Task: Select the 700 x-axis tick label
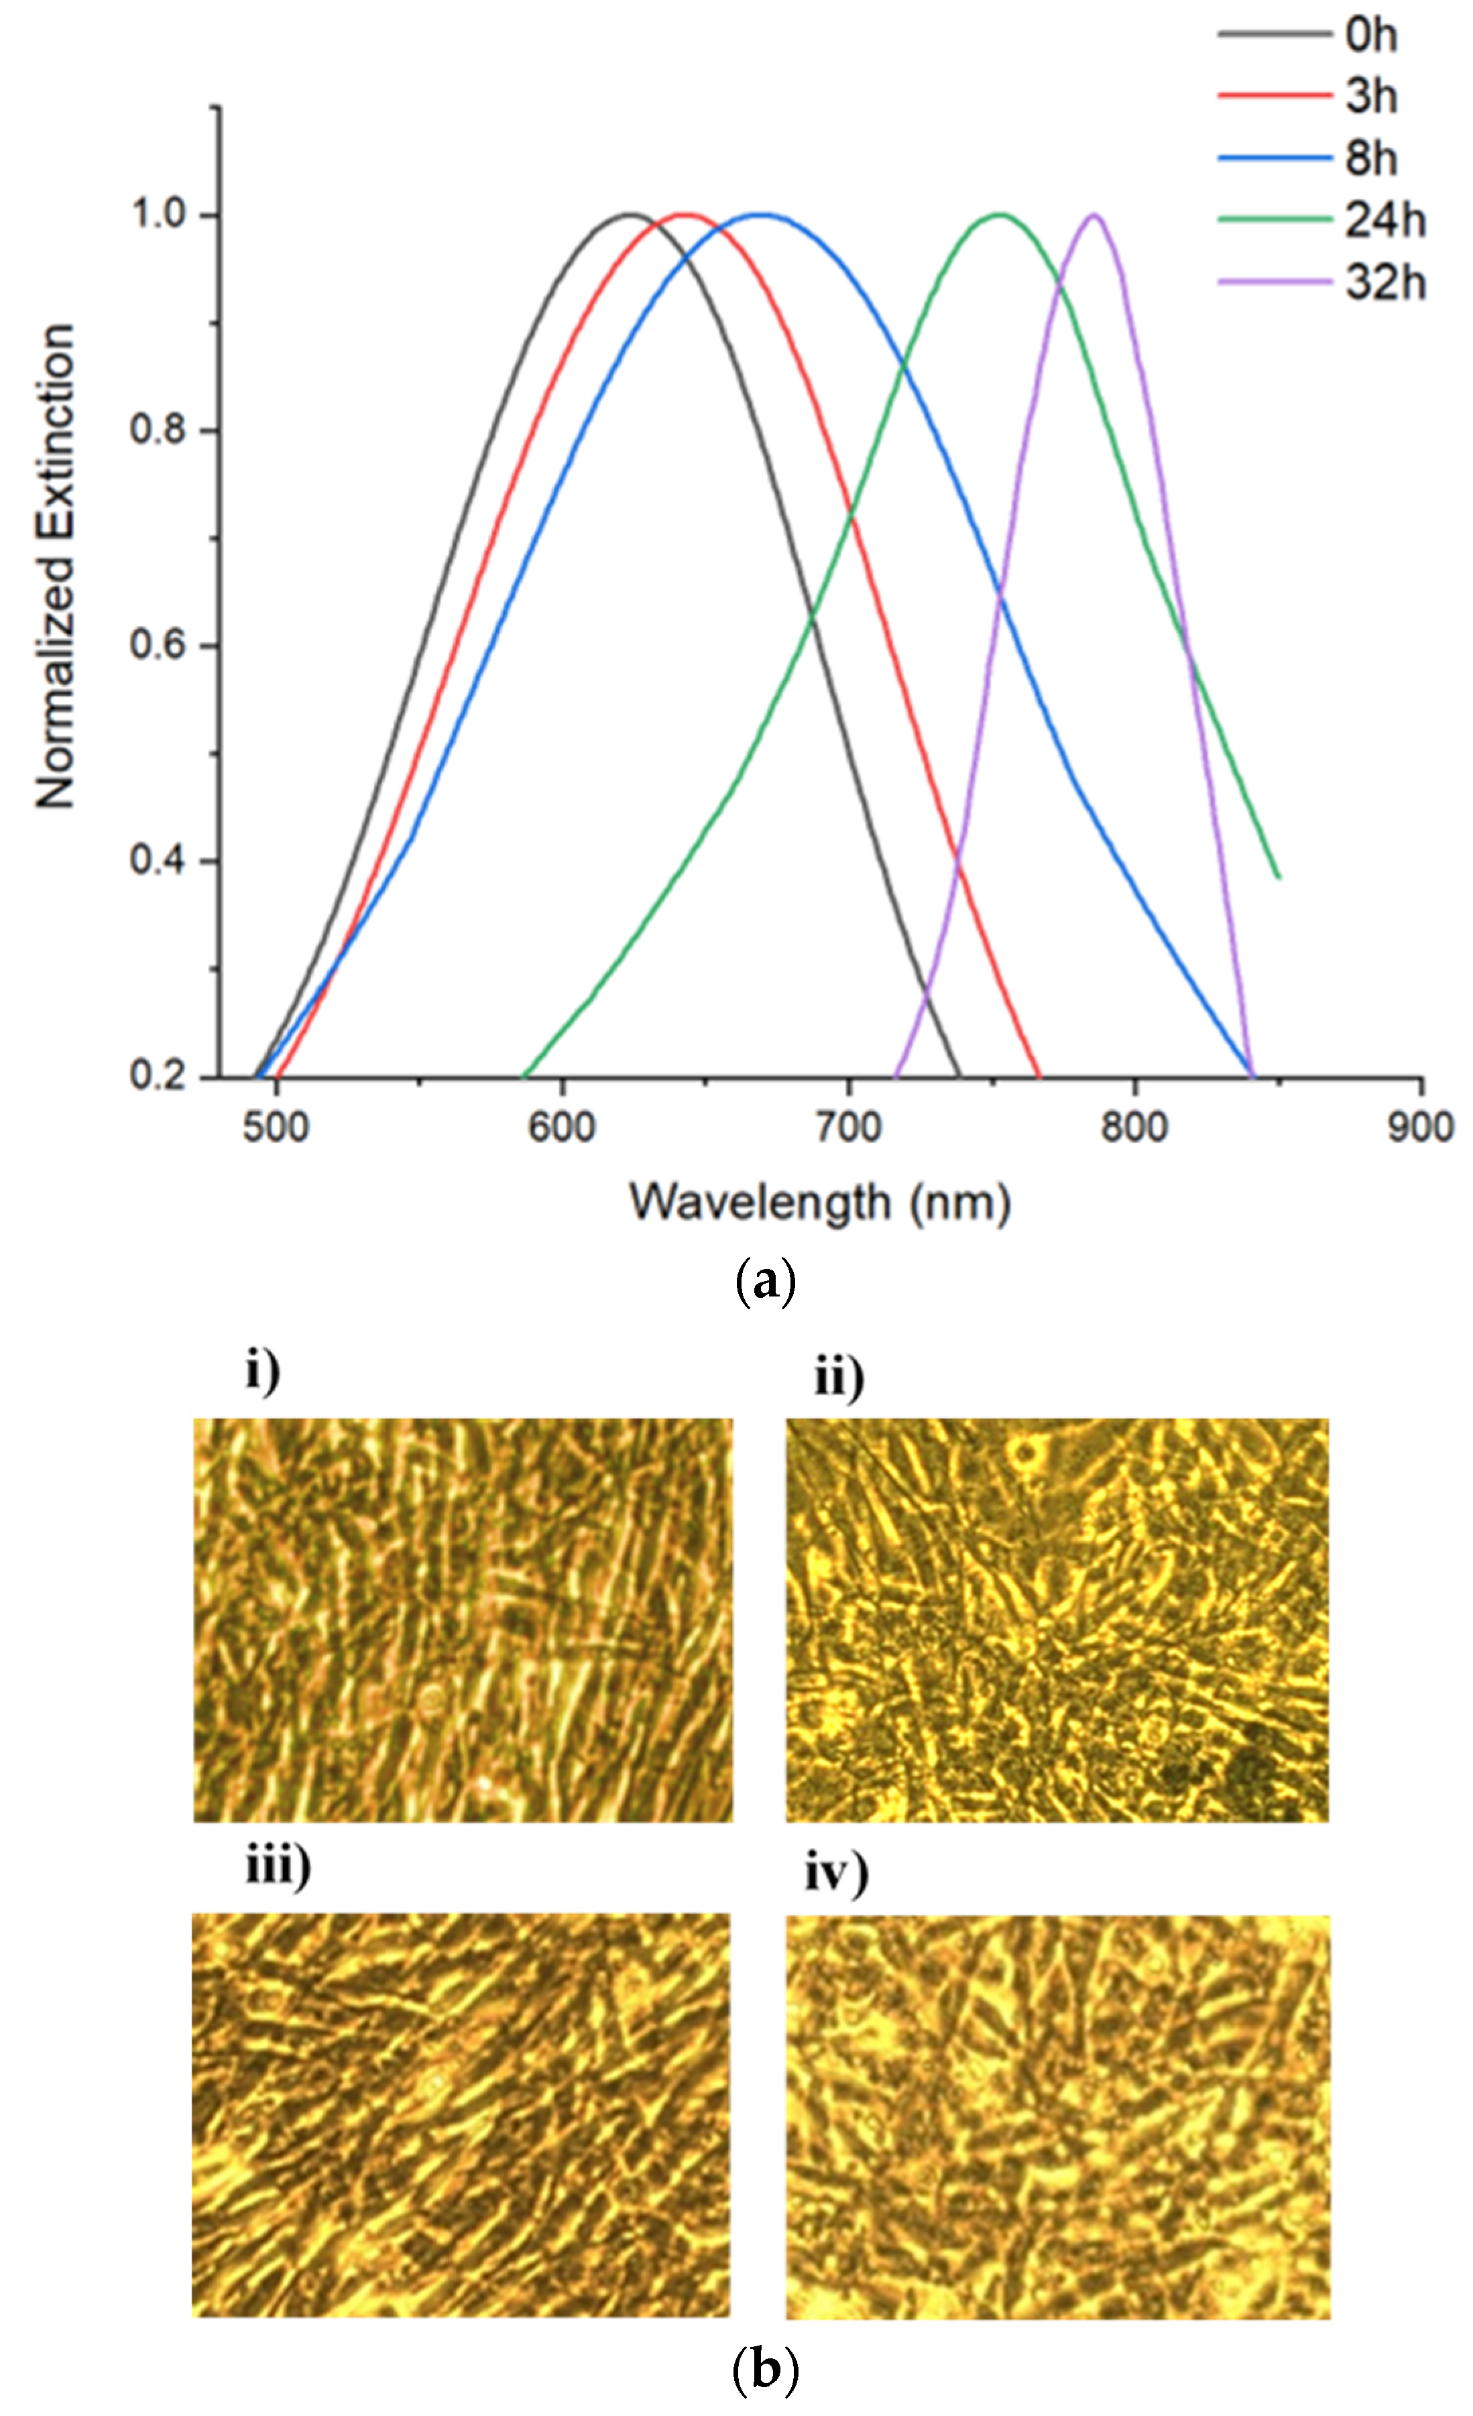(848, 1127)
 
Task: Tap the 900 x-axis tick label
(1420, 1127)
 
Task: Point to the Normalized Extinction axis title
(55, 566)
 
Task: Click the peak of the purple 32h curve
(1094, 214)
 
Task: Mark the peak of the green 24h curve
(1000, 214)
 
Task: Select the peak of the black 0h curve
(631, 214)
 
